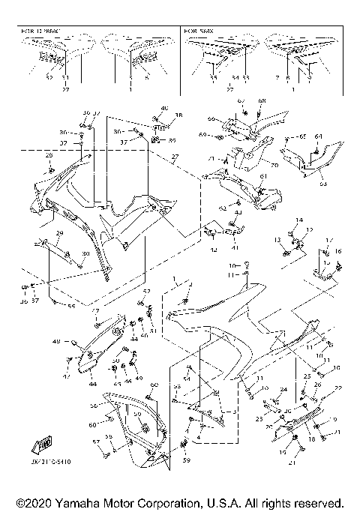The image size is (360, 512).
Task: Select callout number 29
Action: [x=59, y=235]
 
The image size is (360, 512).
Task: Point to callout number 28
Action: [x=49, y=154]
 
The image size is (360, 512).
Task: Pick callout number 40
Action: [x=165, y=109]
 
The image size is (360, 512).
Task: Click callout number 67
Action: [x=241, y=100]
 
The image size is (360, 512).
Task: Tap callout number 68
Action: [x=262, y=101]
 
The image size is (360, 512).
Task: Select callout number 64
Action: [x=319, y=136]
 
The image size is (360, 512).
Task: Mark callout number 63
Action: [x=323, y=181]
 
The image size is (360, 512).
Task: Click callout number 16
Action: [x=338, y=252]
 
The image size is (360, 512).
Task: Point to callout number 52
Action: [x=147, y=291]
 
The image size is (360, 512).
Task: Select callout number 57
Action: [x=95, y=442]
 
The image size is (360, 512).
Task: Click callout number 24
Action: [x=283, y=391]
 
